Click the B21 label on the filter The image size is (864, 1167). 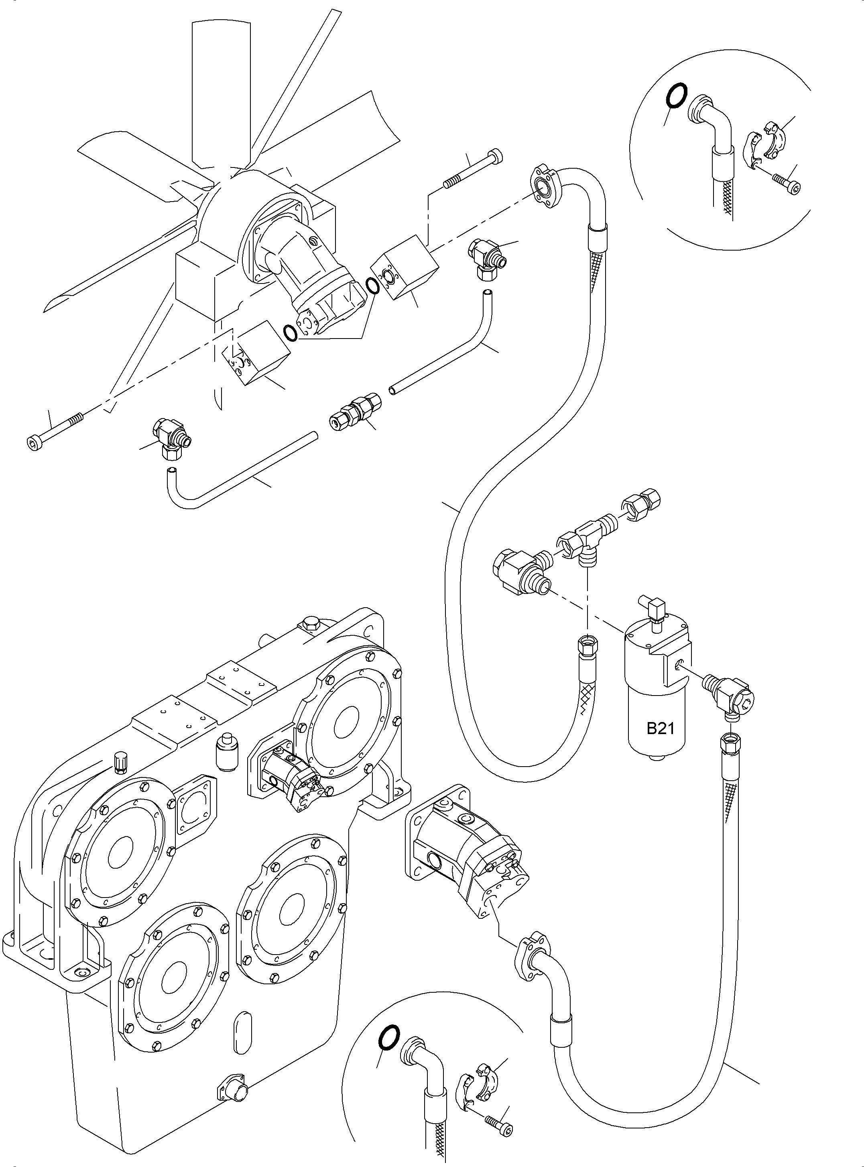click(660, 728)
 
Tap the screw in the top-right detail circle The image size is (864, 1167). click(786, 184)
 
